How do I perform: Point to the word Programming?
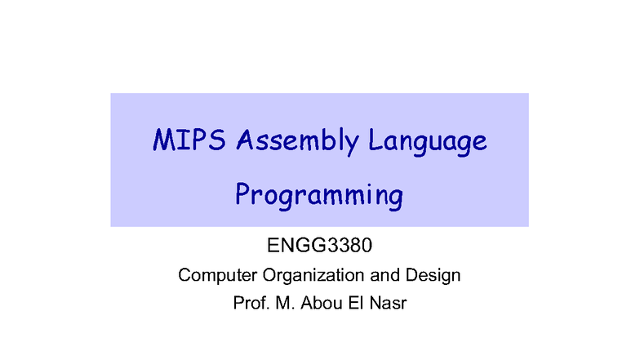tap(319, 196)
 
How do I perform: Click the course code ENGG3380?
tap(319, 245)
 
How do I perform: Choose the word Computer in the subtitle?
tap(211, 275)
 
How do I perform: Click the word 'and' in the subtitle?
tap(383, 275)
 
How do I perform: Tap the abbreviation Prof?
tap(250, 304)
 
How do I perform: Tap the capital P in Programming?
tap(242, 194)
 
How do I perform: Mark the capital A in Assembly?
tap(244, 140)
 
